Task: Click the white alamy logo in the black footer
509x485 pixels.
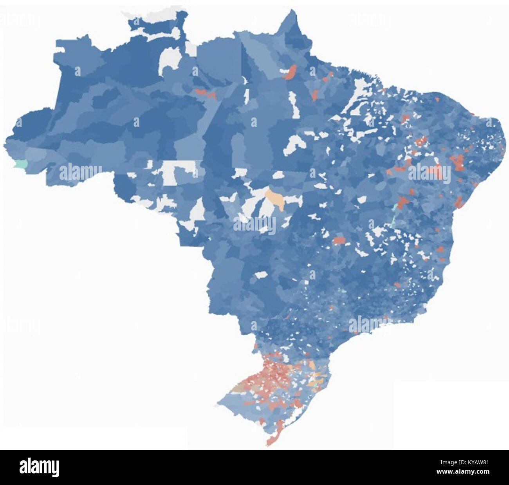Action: click(x=39, y=467)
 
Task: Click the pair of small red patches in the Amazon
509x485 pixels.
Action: click(x=206, y=94)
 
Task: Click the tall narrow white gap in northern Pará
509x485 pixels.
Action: click(x=292, y=104)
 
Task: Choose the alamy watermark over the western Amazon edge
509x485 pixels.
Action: click(x=81, y=172)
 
